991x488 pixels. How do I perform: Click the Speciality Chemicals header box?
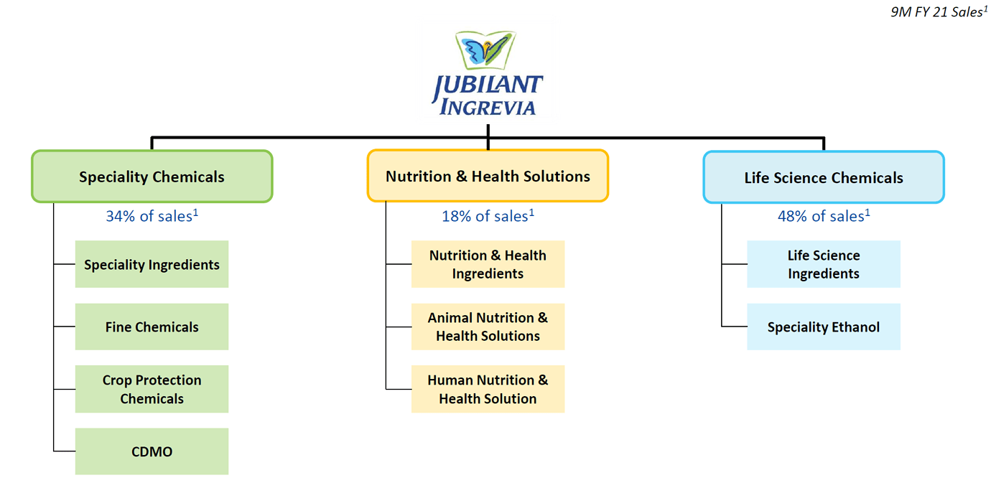152,177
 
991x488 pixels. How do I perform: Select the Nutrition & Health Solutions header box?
488,176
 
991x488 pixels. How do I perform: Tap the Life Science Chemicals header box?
823,177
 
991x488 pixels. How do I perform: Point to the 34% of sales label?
152,216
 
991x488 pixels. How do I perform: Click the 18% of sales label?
488,216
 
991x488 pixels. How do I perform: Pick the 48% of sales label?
823,216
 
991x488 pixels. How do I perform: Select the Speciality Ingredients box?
152,264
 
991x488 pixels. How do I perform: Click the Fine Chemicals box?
152,327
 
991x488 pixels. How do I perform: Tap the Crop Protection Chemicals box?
152,389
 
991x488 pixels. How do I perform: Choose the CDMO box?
152,451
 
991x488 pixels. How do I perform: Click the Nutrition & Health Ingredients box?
488,264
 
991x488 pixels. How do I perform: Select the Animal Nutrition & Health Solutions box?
488,327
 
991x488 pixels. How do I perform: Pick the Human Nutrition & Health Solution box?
488,389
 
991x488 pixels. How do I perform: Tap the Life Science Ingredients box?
823,264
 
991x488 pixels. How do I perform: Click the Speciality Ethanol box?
823,327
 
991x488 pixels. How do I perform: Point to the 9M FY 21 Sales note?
936,12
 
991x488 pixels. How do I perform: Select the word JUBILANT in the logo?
488,85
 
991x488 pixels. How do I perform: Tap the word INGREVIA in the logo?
488,108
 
